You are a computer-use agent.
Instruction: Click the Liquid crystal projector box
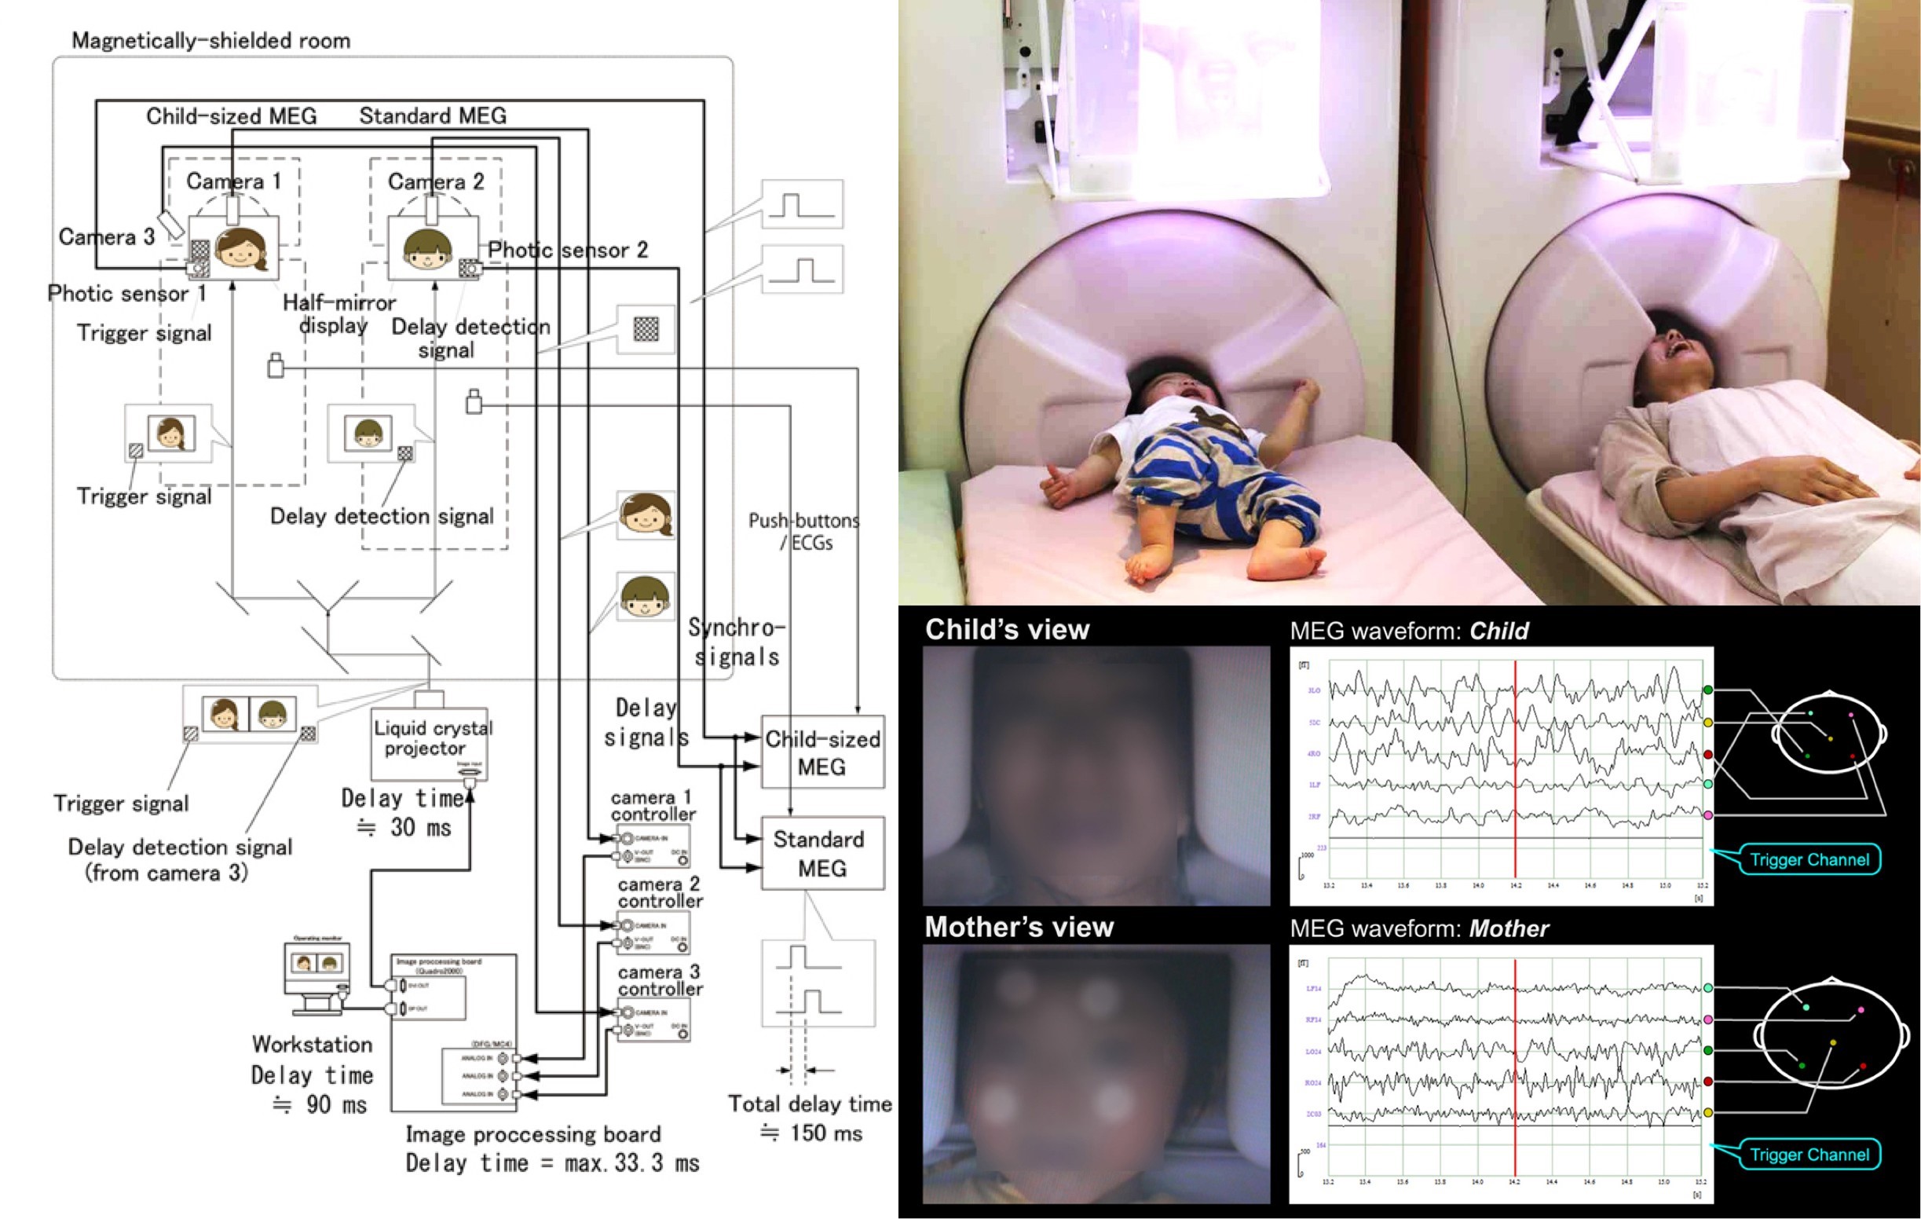pos(429,743)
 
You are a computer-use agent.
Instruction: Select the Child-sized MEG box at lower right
pos(822,752)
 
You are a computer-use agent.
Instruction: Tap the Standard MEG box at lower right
pos(822,853)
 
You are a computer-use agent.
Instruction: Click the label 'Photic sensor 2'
pos(567,251)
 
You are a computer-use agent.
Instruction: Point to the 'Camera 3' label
pos(106,237)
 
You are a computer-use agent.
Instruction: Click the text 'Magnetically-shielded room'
pos(210,41)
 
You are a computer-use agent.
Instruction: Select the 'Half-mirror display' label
pos(338,313)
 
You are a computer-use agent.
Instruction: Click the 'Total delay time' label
pos(810,1104)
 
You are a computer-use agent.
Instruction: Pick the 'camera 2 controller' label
pos(660,893)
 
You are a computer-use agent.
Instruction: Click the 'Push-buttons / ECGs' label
pos(803,531)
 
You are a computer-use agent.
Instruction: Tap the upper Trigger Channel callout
pos(1809,859)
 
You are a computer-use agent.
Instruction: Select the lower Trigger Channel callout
pos(1809,1155)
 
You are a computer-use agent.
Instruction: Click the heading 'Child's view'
pos(1007,629)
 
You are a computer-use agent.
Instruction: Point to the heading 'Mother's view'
pos(1019,927)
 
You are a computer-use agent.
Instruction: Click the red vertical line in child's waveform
pos(1515,766)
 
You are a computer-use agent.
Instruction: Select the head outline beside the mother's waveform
pos(1831,1034)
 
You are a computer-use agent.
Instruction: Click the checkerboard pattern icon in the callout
pos(646,328)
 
